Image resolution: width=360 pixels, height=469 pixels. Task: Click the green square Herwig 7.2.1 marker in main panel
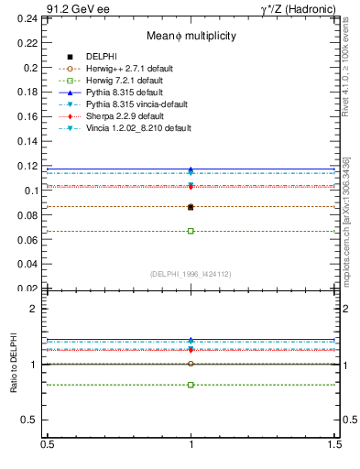pos(191,231)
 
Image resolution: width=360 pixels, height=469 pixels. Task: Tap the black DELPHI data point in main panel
pos(191,207)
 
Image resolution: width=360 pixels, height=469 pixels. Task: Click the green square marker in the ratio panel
pos(191,385)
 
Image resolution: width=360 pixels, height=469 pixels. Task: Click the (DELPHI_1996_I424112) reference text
pos(191,274)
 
